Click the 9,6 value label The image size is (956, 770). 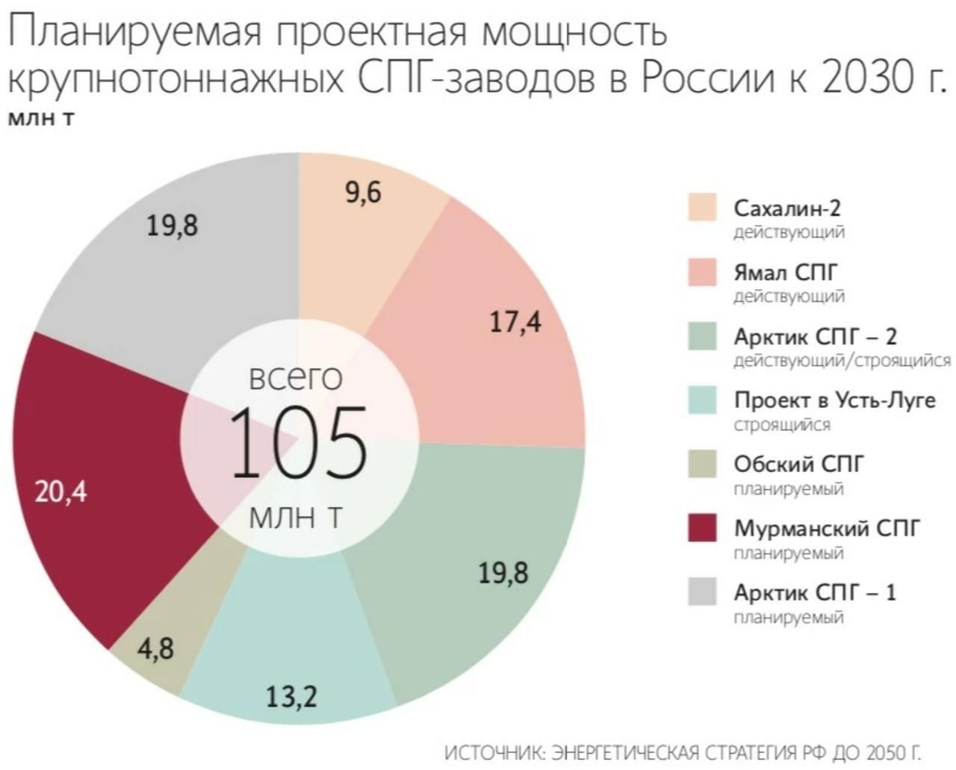363,193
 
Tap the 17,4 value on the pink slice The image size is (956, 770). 515,322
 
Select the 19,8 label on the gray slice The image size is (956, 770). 172,225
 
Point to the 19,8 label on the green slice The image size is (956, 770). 503,573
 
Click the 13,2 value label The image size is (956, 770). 291,696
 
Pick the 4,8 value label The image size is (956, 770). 155,648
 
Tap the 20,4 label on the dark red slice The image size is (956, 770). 61,491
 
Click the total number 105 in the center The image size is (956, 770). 297,444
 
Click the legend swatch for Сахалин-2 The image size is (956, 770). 702,207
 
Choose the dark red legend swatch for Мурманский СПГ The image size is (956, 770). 702,528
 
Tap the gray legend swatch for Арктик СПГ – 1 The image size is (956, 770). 702,592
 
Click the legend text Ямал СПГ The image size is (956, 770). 786,272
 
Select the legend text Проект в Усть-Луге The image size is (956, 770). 834,400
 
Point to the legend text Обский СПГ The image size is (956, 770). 798,465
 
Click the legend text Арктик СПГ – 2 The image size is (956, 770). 815,336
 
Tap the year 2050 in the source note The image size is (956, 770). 885,751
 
